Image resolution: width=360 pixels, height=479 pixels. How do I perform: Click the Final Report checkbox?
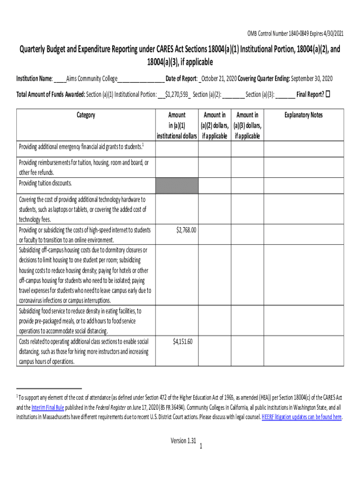(328, 94)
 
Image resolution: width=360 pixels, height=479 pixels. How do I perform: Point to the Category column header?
(85, 115)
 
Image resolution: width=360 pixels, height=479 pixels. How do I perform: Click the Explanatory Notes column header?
(303, 115)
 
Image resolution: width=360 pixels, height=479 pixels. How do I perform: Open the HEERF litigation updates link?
(302, 417)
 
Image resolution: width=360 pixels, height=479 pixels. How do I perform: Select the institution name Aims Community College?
(91, 78)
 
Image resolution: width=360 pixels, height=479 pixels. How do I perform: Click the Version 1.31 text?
(183, 440)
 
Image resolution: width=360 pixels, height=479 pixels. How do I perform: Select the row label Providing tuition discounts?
(45, 183)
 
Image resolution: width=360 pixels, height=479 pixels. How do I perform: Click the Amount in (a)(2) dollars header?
(215, 125)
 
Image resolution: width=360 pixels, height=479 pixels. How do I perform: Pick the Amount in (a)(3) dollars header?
(247, 125)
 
